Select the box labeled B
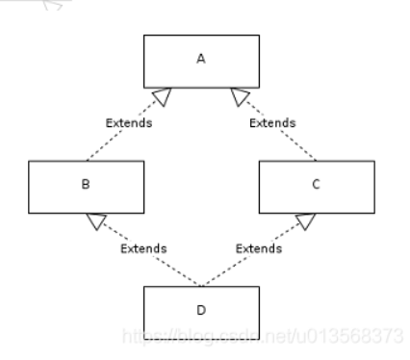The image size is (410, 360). pos(86,186)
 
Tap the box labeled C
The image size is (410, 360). pos(317,186)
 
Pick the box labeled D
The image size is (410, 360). pos(201,309)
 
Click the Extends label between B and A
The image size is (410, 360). pos(128,122)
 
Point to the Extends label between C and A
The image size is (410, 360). pos(272,122)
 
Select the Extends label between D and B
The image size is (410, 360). pos(143,247)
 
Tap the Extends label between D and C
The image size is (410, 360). pos(259,247)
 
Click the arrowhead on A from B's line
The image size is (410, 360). pos(162,93)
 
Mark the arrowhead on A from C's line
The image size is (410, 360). pos(241,93)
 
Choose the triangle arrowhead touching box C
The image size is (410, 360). pos(305,220)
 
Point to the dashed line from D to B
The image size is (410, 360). pos(173,270)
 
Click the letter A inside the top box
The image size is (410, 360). pos(201,59)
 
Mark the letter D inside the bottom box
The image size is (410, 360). pos(201,309)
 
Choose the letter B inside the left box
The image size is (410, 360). pos(86,186)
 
